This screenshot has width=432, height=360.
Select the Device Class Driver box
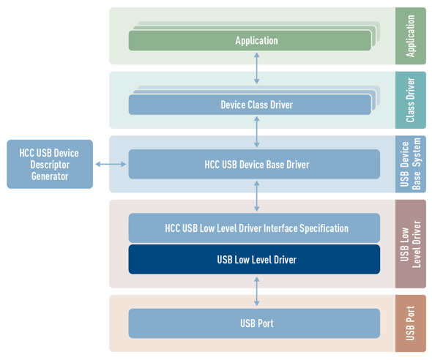pyautogui.click(x=250, y=105)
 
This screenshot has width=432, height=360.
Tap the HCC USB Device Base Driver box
pyautogui.click(x=254, y=165)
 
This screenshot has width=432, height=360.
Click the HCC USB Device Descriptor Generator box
pyautogui.click(x=50, y=165)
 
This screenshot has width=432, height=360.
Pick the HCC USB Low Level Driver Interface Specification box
pyautogui.click(x=254, y=228)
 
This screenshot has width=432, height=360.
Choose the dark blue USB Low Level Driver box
pyautogui.click(x=254, y=260)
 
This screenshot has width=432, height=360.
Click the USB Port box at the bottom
pyautogui.click(x=254, y=323)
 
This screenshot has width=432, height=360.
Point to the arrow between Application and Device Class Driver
pyautogui.click(x=256, y=68)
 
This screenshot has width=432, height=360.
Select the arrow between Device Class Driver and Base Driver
pyautogui.click(x=256, y=132)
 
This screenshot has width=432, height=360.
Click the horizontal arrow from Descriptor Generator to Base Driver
pyautogui.click(x=111, y=165)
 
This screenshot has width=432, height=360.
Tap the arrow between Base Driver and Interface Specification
pyautogui.click(x=256, y=196)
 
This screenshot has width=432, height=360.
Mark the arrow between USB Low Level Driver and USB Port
pyautogui.click(x=256, y=291)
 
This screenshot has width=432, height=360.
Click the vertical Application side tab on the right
pyautogui.click(x=411, y=36)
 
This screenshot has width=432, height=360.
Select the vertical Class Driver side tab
pyautogui.click(x=411, y=100)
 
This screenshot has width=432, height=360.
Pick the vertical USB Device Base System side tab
pyautogui.click(x=411, y=165)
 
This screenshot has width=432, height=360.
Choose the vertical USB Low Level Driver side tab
pyautogui.click(x=411, y=244)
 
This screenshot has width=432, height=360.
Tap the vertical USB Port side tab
pyautogui.click(x=411, y=323)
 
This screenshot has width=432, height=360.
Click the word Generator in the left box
pyautogui.click(x=50, y=176)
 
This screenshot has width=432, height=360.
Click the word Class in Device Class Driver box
pyautogui.click(x=260, y=105)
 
